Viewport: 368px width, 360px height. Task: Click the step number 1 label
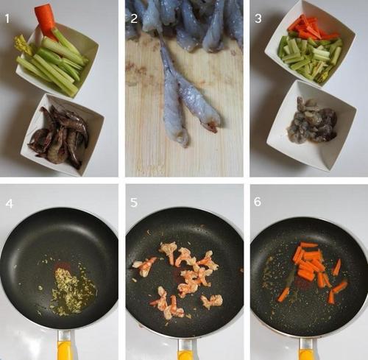coord(7,18)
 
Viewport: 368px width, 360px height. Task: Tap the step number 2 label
coord(134,18)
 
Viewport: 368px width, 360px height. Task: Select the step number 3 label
coord(258,18)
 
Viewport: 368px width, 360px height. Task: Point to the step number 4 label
coord(9,204)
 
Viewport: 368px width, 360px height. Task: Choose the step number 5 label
coord(134,202)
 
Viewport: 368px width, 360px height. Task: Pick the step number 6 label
coord(258,202)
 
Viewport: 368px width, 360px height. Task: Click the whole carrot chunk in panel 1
coord(46,21)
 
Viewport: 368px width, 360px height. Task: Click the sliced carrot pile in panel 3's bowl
coord(311,28)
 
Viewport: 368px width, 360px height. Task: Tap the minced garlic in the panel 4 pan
coord(68,289)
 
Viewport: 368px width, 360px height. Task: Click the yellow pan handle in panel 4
coord(66,347)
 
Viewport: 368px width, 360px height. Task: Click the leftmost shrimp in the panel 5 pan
coord(144,266)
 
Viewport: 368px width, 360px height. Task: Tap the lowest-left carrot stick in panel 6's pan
coord(283,294)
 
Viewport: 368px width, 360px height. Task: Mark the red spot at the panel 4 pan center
coord(62,266)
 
